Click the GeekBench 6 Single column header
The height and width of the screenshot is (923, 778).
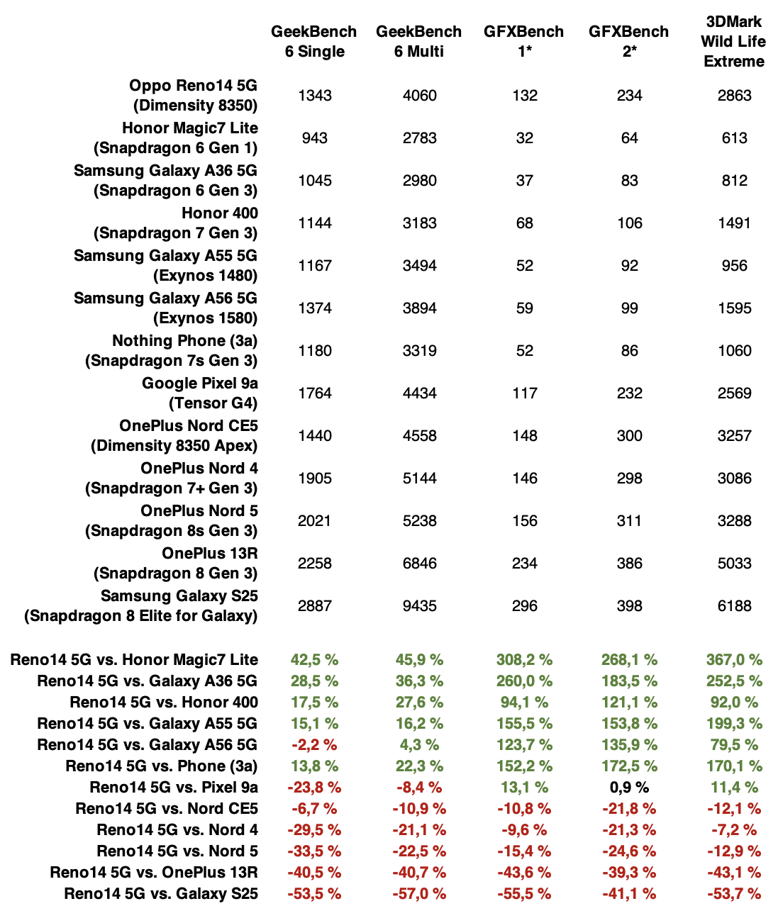(314, 41)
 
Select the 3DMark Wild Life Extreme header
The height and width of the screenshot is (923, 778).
(734, 41)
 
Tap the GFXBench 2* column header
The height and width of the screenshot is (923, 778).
(629, 41)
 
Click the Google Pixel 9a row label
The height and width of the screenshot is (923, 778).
(200, 393)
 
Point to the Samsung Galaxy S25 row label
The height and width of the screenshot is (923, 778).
(141, 606)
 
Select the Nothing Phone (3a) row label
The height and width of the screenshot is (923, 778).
(172, 351)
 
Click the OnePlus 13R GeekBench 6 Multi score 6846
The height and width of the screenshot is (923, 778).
(419, 564)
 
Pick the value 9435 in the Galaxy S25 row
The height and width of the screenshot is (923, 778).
(419, 606)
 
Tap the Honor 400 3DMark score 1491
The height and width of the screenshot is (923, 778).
(734, 223)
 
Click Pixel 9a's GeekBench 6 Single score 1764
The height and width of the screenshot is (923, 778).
(314, 393)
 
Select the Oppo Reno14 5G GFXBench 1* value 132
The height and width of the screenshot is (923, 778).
(524, 96)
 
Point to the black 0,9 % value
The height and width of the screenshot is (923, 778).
(629, 788)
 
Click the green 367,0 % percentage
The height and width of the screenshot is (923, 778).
(734, 660)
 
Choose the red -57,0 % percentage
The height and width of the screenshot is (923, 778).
(419, 894)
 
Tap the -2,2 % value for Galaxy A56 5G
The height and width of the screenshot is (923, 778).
(314, 745)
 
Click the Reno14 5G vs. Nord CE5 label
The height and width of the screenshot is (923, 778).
(167, 809)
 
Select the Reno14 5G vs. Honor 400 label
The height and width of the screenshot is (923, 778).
(164, 703)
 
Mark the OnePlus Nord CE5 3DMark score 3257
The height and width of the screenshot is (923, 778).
(734, 436)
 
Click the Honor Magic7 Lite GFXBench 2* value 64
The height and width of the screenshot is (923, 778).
(629, 138)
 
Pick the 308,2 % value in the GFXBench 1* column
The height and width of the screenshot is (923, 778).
(524, 660)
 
